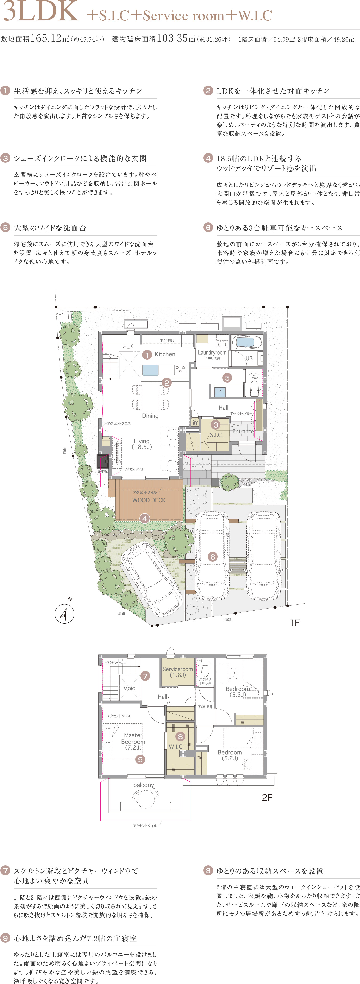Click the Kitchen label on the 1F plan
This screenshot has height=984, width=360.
coord(165,354)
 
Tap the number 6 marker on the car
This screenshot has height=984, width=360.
coord(212,557)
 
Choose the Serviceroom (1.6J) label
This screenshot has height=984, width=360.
coord(178,672)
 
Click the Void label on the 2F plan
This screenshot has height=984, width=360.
coord(130,688)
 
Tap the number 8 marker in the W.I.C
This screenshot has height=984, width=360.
coord(180,736)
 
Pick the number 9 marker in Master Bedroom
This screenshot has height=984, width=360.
coord(140,759)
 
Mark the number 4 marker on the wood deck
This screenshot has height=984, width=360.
coord(144,519)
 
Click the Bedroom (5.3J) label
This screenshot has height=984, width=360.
coord(238,692)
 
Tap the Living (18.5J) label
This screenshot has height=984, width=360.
coord(142,444)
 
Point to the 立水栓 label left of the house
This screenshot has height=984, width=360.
coord(102,471)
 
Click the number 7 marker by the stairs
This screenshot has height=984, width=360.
coord(145,676)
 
